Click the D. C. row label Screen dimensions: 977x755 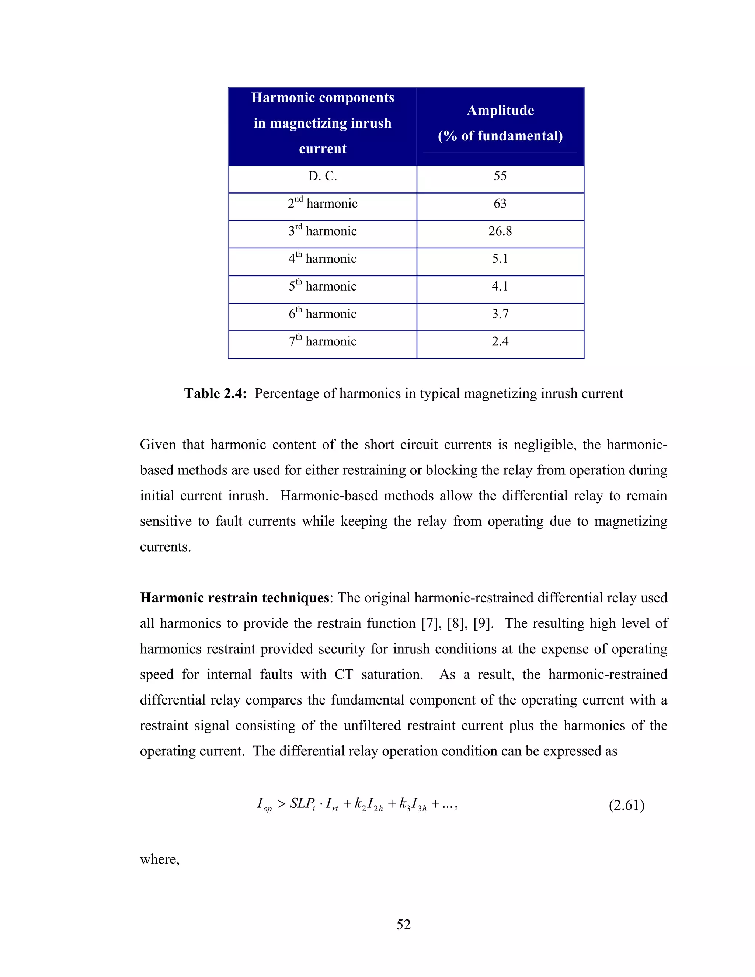point(322,176)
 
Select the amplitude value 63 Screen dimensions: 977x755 point(500,204)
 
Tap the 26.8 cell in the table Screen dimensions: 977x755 point(500,231)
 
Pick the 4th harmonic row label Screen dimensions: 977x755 point(322,258)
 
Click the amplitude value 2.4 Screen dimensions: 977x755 point(500,341)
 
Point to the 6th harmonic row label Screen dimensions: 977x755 point(322,314)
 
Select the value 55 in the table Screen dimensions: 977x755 point(500,176)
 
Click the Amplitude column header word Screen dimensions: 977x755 point(500,111)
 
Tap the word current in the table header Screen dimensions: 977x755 point(322,149)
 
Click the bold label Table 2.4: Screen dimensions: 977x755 point(215,393)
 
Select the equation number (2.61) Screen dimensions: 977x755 point(626,805)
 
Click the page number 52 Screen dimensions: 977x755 point(403,924)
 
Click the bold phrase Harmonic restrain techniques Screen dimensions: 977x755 point(234,598)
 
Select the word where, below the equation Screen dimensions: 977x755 point(160,859)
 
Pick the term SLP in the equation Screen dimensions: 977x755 point(302,803)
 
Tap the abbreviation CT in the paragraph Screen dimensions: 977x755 point(344,674)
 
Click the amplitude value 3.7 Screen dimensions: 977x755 point(500,314)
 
